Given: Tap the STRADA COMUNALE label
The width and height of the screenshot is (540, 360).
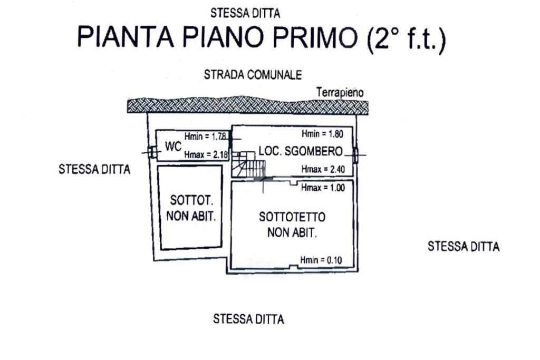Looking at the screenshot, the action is point(253,75).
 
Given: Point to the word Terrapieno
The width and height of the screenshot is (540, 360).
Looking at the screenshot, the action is point(340,92).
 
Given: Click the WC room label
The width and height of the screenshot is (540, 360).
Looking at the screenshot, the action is point(173,147).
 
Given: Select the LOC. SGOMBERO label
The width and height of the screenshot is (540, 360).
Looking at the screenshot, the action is point(300,151).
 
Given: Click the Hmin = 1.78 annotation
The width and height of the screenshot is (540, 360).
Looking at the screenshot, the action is point(205,136).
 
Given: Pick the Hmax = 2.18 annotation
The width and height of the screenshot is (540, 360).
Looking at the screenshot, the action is point(205,154).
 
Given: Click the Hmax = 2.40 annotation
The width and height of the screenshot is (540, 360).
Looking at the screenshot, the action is point(322,169).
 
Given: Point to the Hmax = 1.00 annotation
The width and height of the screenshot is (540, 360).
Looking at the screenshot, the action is point(322,188).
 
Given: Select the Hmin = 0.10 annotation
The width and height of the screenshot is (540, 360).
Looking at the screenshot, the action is point(321,260).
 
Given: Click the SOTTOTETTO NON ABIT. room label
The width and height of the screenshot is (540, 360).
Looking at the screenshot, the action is point(292,225).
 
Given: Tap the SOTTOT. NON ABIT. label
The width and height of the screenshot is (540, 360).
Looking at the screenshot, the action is point(191,208).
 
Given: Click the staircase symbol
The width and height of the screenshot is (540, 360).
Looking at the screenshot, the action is point(248,164).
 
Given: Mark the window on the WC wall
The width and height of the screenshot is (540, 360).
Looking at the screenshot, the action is point(152,153).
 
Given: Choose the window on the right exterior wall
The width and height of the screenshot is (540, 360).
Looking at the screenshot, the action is point(355,155).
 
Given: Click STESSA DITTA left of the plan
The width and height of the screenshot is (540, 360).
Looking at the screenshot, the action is point(94,169).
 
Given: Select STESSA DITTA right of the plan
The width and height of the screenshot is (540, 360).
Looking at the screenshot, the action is point(464,246).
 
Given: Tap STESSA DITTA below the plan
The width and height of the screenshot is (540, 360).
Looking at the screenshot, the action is point(248,319).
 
